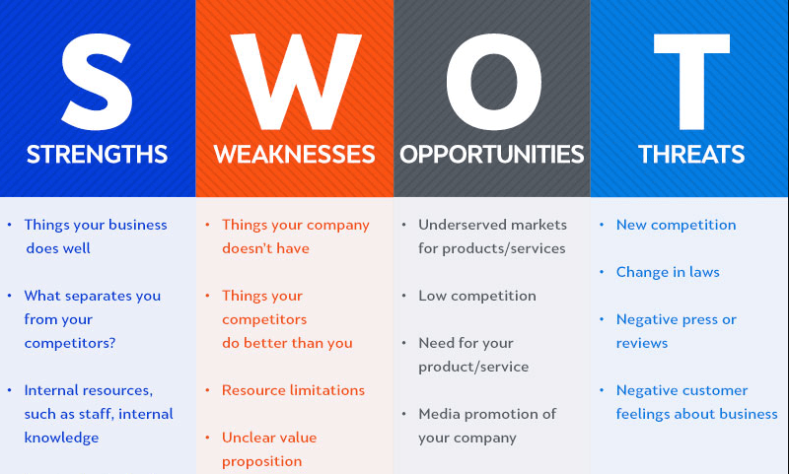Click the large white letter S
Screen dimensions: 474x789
[x=97, y=76]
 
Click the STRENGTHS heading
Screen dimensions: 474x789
[x=97, y=155]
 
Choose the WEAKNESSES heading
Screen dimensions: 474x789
[x=294, y=155]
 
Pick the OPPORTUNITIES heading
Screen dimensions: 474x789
[x=492, y=155]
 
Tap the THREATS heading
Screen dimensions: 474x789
[x=690, y=155]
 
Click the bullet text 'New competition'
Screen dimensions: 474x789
[x=676, y=225]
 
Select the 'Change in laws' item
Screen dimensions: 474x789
[x=668, y=272]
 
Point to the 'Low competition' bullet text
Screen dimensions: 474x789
[x=477, y=296]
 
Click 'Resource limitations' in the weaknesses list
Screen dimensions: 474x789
[x=293, y=390]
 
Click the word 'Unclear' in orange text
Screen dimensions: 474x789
[x=249, y=438]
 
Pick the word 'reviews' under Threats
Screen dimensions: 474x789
[x=642, y=343]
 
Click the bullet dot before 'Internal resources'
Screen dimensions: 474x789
[x=10, y=390]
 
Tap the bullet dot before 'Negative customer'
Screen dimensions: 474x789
[x=602, y=390]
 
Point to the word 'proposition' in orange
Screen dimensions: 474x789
[x=261, y=461]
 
